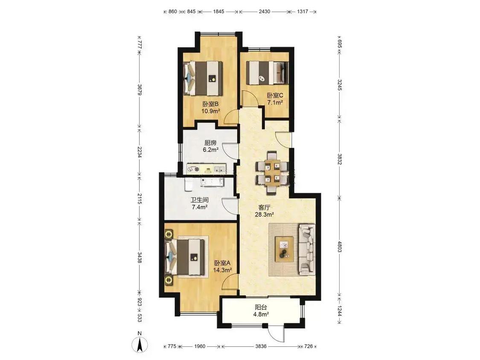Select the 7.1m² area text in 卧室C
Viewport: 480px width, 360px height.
275,102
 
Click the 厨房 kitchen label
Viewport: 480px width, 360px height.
211,142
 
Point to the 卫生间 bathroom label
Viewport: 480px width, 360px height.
200,200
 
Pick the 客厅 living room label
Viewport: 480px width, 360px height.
264,207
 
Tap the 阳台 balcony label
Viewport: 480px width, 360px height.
261,307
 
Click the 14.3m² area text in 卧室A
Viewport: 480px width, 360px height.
222,270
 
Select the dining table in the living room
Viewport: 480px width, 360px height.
273,173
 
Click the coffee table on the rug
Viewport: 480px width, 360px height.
285,249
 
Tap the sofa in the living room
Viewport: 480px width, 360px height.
307,248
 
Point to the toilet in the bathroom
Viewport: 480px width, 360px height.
188,184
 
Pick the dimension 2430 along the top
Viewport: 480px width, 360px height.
265,12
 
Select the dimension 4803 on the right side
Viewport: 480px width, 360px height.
340,247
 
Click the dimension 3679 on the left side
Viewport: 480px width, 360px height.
140,90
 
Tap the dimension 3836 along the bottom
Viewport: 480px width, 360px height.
261,346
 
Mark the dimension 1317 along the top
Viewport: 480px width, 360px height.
303,12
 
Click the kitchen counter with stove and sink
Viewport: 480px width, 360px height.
206,168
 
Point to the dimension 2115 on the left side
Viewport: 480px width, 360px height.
140,199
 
